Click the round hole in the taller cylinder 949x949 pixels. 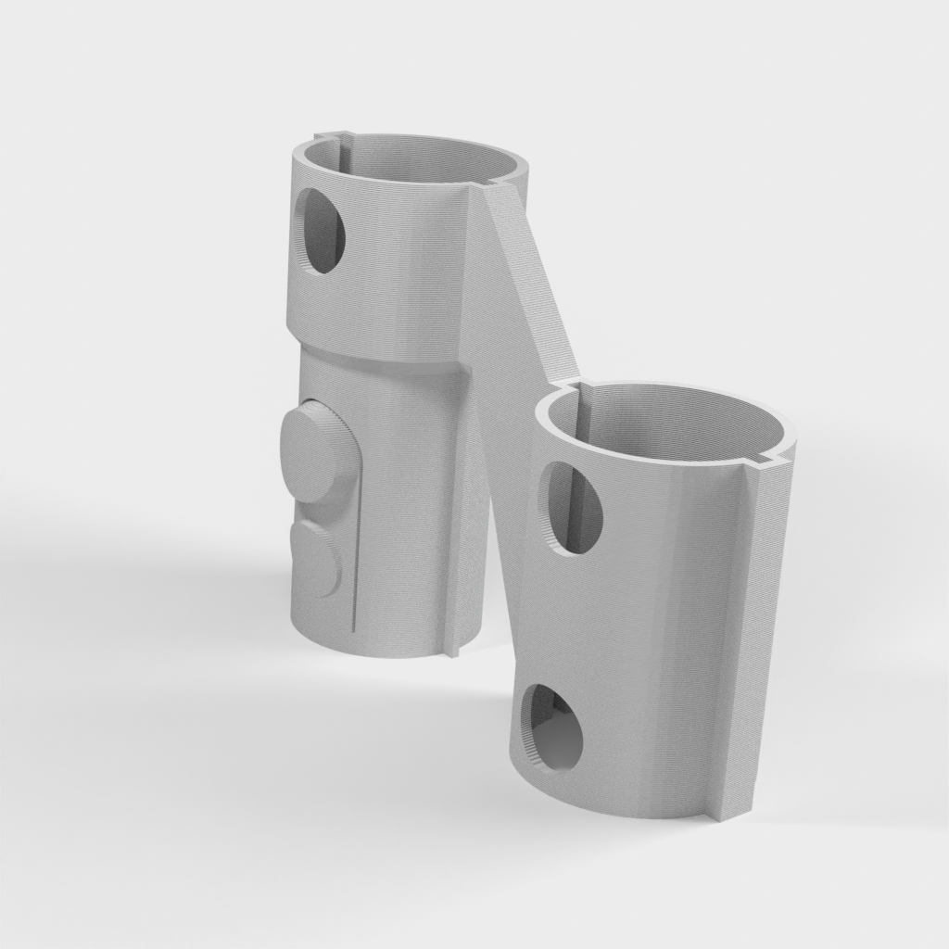[321, 232]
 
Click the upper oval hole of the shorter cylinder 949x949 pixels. [574, 508]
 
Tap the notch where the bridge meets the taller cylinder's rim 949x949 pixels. [491, 185]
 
